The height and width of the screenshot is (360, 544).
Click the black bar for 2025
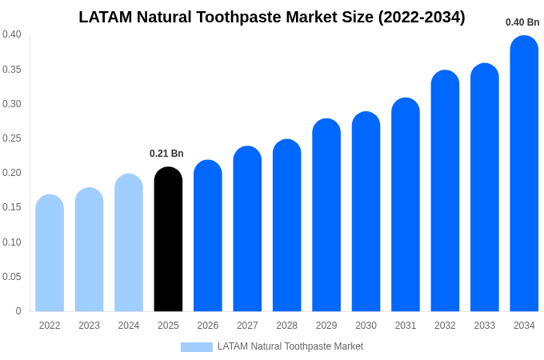click(168, 240)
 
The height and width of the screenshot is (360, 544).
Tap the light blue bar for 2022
click(50, 254)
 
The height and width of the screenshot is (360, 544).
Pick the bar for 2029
click(326, 216)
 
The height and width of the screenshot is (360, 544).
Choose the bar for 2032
click(445, 192)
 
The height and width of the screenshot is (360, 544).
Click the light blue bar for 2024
click(129, 243)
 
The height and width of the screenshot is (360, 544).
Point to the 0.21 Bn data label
click(166, 154)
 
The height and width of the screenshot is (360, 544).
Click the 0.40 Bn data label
click(522, 22)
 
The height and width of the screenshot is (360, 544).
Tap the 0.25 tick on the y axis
click(12, 138)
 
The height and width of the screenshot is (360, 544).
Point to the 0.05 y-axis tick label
click(12, 277)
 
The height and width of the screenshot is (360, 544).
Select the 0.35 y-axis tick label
click(12, 70)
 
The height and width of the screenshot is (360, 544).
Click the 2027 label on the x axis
click(247, 326)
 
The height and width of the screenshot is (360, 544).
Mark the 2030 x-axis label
click(366, 326)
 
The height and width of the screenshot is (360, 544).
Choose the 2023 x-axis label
click(89, 326)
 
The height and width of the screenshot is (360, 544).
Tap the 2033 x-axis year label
click(484, 326)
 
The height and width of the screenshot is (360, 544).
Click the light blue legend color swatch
click(196, 347)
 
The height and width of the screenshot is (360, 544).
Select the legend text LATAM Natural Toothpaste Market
click(290, 346)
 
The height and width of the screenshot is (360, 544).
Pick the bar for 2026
click(208, 237)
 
